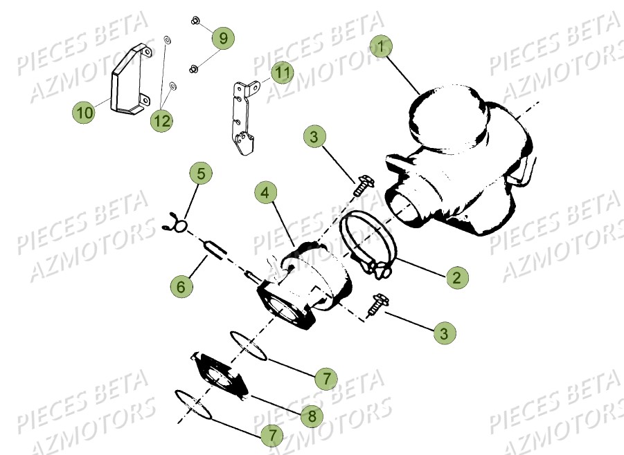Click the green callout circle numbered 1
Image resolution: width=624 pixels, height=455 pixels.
pyautogui.click(x=380, y=46)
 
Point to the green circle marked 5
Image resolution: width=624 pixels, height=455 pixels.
pyautogui.click(x=201, y=173)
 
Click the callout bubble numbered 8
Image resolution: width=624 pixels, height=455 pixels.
pyautogui.click(x=312, y=416)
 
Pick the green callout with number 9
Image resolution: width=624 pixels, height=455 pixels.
pyautogui.click(x=223, y=38)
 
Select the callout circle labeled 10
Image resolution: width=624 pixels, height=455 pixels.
pyautogui.click(x=84, y=111)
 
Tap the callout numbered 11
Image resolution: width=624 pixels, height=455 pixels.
pyautogui.click(x=281, y=71)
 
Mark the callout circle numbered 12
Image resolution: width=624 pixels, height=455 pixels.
pyautogui.click(x=161, y=120)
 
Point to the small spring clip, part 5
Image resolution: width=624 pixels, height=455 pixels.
pyautogui.click(x=175, y=223)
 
